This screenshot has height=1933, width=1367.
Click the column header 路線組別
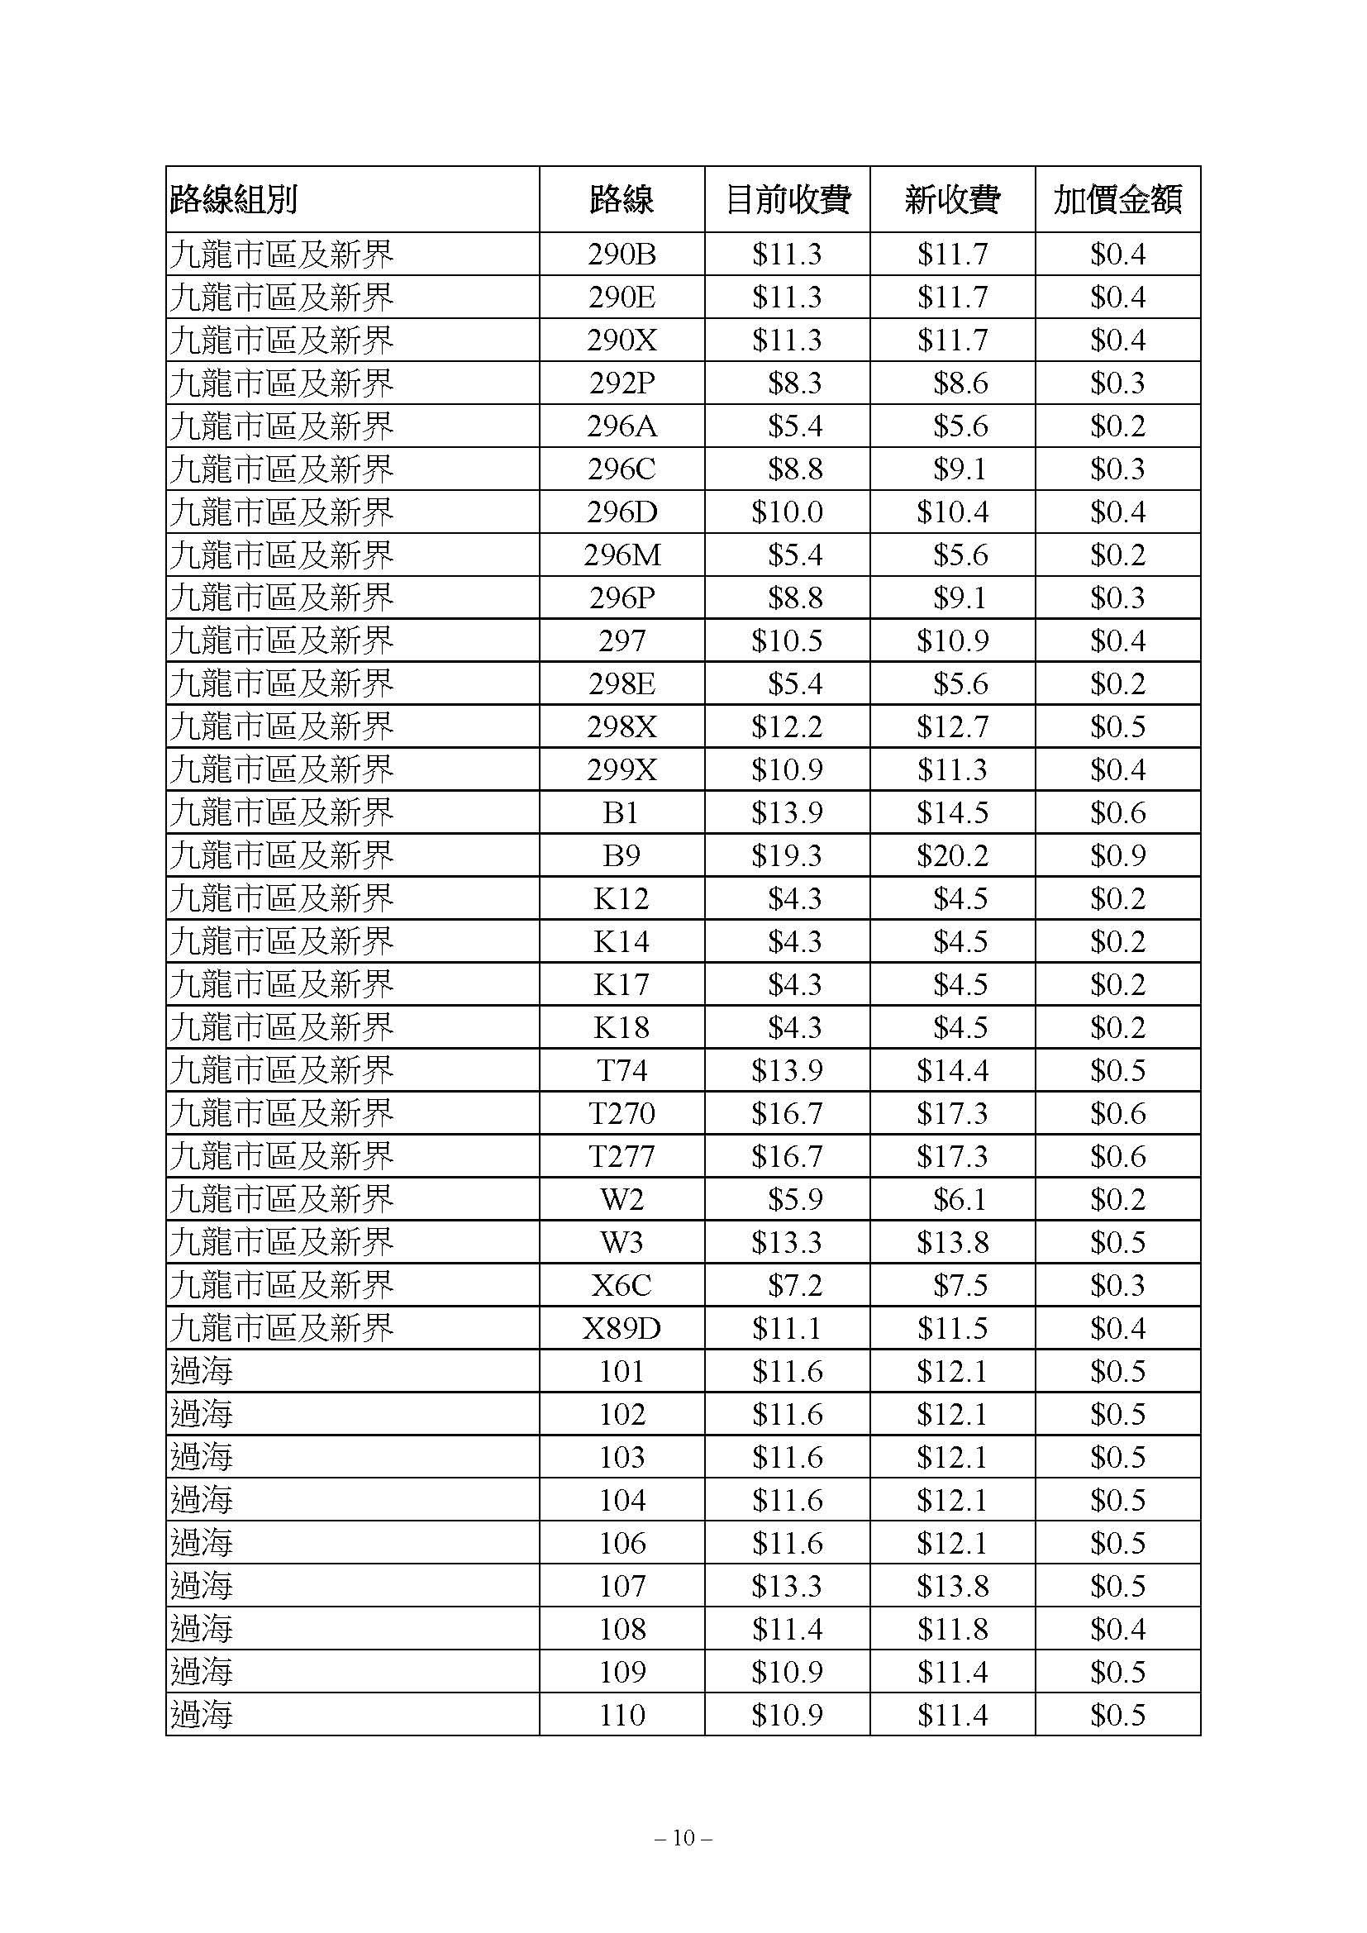point(233,199)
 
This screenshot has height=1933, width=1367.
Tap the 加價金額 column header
point(1117,199)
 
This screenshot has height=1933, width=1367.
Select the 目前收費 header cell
point(787,199)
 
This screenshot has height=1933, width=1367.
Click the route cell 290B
point(622,255)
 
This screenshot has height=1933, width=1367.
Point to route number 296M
point(622,555)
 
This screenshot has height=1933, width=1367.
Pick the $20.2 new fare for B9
point(952,855)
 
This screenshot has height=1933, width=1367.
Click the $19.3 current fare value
point(787,855)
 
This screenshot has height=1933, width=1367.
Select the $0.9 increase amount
point(1117,855)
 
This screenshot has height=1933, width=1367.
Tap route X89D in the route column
point(622,1329)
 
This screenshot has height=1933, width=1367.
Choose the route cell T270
point(622,1113)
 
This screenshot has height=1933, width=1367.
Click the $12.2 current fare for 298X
point(787,726)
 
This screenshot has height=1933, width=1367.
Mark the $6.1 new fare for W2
point(959,1199)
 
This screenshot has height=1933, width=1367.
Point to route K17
point(622,984)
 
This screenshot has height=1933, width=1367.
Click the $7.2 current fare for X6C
point(793,1285)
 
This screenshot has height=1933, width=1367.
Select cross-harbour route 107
point(622,1586)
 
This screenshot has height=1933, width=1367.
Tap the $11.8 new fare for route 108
point(952,1629)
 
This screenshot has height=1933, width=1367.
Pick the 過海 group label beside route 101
point(201,1372)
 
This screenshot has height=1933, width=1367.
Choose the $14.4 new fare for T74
point(952,1070)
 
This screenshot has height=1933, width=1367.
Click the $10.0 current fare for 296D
point(787,512)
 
